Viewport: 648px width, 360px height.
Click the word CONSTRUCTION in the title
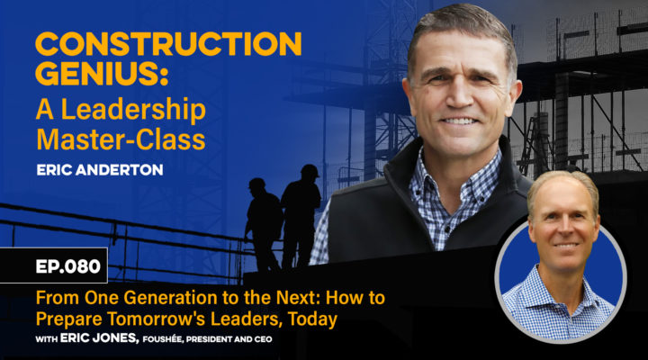tap(168, 44)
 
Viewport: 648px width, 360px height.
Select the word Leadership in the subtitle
tap(133, 111)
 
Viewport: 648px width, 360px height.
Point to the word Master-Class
tap(121, 139)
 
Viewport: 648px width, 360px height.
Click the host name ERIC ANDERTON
tap(100, 170)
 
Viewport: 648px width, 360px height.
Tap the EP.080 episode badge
tap(68, 266)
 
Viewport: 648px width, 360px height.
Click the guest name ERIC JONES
tap(99, 338)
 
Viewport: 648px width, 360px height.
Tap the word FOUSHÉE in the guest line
tap(162, 339)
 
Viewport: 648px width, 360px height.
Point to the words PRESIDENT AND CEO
tap(229, 339)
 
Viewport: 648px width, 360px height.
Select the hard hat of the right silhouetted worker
tap(309, 170)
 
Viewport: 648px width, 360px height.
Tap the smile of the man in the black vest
tap(459, 121)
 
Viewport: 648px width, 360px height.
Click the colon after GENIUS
tap(165, 76)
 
